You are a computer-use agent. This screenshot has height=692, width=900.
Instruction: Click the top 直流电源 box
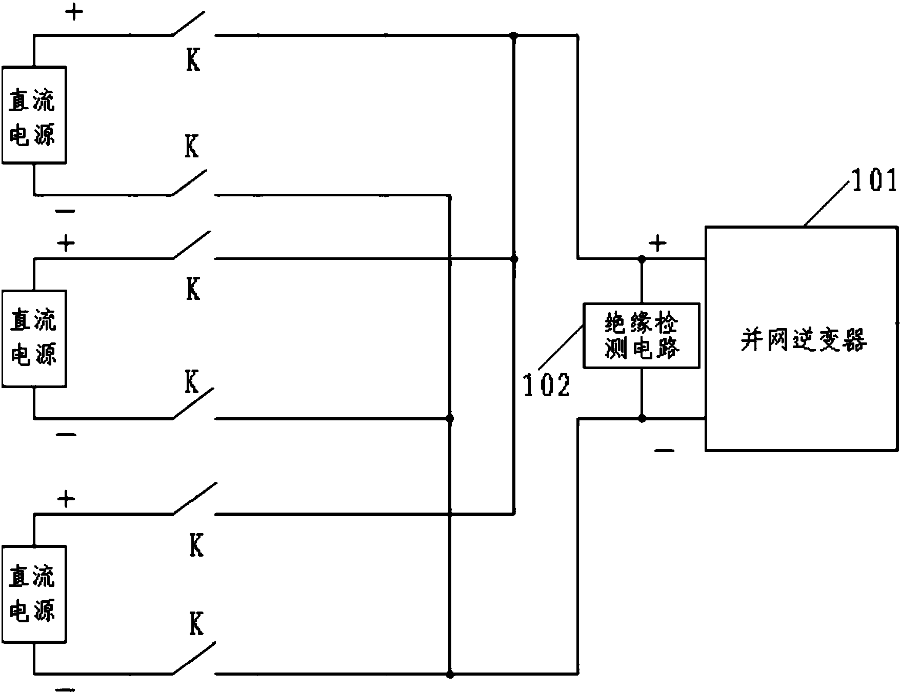click(34, 115)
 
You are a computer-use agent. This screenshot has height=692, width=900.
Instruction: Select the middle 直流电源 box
click(34, 338)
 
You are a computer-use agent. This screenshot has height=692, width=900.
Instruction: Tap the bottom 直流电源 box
click(34, 594)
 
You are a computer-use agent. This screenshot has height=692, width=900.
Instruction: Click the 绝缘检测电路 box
click(642, 335)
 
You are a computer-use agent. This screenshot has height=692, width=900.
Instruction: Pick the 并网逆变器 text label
click(803, 339)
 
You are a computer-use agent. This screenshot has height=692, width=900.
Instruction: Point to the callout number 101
click(874, 180)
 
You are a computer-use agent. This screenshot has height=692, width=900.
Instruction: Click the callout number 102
click(546, 385)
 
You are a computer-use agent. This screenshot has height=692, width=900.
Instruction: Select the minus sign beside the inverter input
click(664, 451)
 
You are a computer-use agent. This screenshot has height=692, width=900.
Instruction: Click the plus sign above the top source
click(74, 13)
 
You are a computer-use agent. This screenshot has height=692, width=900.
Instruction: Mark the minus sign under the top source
click(66, 211)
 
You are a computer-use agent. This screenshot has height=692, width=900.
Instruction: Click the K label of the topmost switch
click(193, 61)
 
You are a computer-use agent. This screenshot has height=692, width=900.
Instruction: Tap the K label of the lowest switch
click(196, 624)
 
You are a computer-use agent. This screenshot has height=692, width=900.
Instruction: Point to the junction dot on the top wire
click(513, 35)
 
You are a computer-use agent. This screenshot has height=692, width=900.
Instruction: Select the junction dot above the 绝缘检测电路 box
click(642, 259)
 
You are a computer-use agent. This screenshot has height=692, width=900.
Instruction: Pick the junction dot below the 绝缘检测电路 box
click(642, 419)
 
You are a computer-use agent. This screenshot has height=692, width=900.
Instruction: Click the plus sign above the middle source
click(66, 243)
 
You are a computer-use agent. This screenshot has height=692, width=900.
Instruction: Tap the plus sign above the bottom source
click(66, 499)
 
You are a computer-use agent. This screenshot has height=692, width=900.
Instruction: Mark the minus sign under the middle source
click(66, 435)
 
